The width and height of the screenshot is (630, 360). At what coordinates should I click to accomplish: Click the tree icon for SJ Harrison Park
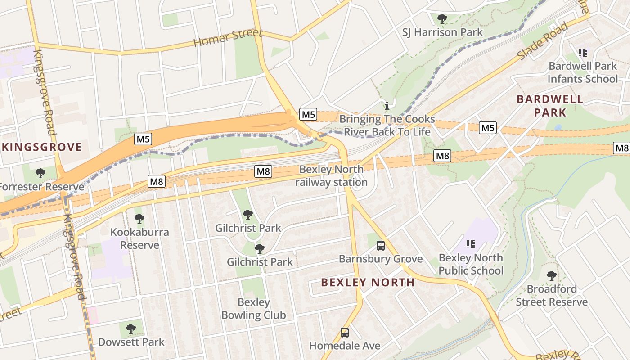coord(442,19)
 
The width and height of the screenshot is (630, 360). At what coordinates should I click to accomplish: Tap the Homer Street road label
coord(228,38)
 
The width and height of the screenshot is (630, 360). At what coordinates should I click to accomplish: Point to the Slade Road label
coord(542,41)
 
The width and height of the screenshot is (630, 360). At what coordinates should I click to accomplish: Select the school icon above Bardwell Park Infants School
coord(583,53)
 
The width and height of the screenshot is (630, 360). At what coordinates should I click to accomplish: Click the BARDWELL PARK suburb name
coord(550,106)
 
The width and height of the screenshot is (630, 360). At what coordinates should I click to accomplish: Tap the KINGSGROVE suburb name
coord(41,147)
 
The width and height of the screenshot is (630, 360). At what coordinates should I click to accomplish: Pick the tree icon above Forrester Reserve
coord(40,173)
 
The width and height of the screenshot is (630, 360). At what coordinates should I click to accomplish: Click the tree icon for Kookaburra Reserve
coord(139,219)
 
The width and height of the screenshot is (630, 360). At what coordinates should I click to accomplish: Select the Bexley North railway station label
coord(331,176)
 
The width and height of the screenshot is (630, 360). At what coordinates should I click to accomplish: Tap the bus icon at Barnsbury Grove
coord(381,246)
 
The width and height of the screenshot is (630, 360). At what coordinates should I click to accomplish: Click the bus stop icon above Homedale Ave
coord(345,333)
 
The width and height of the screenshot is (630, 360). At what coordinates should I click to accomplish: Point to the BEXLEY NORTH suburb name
coord(368,283)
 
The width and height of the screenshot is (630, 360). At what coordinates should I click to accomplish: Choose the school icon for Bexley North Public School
coord(471,244)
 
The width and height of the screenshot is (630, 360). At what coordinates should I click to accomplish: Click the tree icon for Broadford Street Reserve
coord(551,275)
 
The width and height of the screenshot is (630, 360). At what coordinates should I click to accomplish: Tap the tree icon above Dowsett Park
coord(131,329)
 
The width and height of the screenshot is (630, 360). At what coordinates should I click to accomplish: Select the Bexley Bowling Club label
coord(253,309)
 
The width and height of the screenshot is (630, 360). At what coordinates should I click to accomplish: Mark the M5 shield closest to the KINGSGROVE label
coord(143,139)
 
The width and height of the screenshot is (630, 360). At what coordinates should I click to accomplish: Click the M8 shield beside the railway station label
coord(263,171)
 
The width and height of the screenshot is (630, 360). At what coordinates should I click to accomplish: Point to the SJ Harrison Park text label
coord(442,32)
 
